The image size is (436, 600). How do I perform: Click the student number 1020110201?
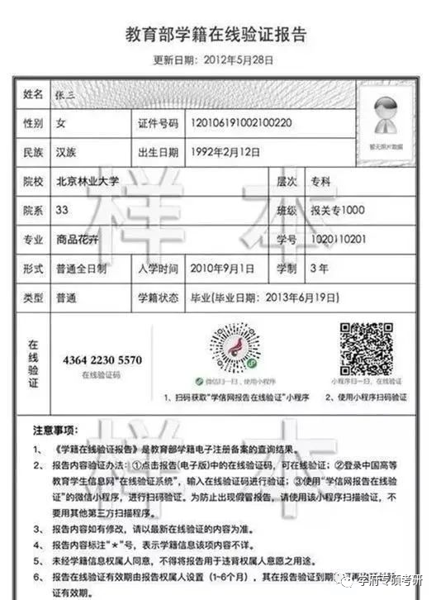coord(333,240)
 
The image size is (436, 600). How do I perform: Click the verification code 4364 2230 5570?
coord(102,360)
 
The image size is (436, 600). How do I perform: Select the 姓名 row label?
coord(33,93)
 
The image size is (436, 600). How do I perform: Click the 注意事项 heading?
coord(55,431)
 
